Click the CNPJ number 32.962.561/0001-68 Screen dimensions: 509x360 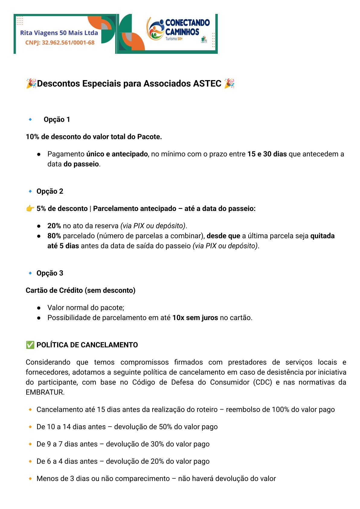coord(68,43)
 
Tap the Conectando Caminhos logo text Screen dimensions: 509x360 coord(187,27)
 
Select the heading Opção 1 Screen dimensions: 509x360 coord(57,119)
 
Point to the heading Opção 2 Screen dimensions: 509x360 coord(50,191)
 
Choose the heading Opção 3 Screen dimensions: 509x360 coord(50,273)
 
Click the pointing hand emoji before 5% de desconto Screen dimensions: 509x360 coord(30,209)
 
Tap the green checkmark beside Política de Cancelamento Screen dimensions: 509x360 coord(30,345)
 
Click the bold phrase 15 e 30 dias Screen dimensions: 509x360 coord(267,154)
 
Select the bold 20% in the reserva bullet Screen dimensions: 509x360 coord(54,226)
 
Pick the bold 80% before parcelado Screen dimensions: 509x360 coord(54,236)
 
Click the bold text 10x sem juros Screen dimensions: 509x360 coord(195,318)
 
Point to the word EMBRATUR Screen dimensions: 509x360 coord(45,392)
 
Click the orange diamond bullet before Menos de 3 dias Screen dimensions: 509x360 coord(30,478)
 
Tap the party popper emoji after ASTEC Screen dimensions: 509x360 coord(230,83)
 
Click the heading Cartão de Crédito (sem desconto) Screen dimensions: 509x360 coord(81,290)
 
